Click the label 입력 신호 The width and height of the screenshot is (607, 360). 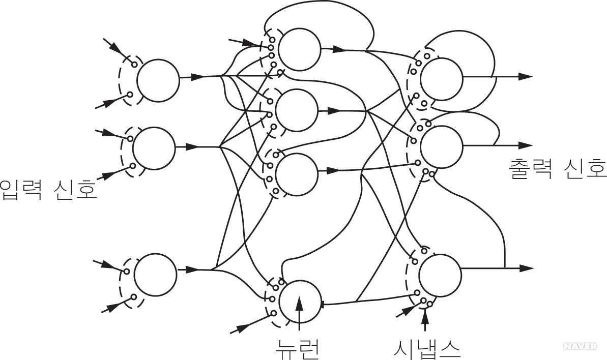click(48, 189)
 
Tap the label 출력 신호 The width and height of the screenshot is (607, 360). click(557, 167)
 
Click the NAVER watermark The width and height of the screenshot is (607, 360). click(580, 346)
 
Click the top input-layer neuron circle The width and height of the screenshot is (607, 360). click(158, 79)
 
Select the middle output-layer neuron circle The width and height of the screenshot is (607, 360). click(442, 146)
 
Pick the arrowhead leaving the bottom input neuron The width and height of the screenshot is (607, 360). click(192, 269)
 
